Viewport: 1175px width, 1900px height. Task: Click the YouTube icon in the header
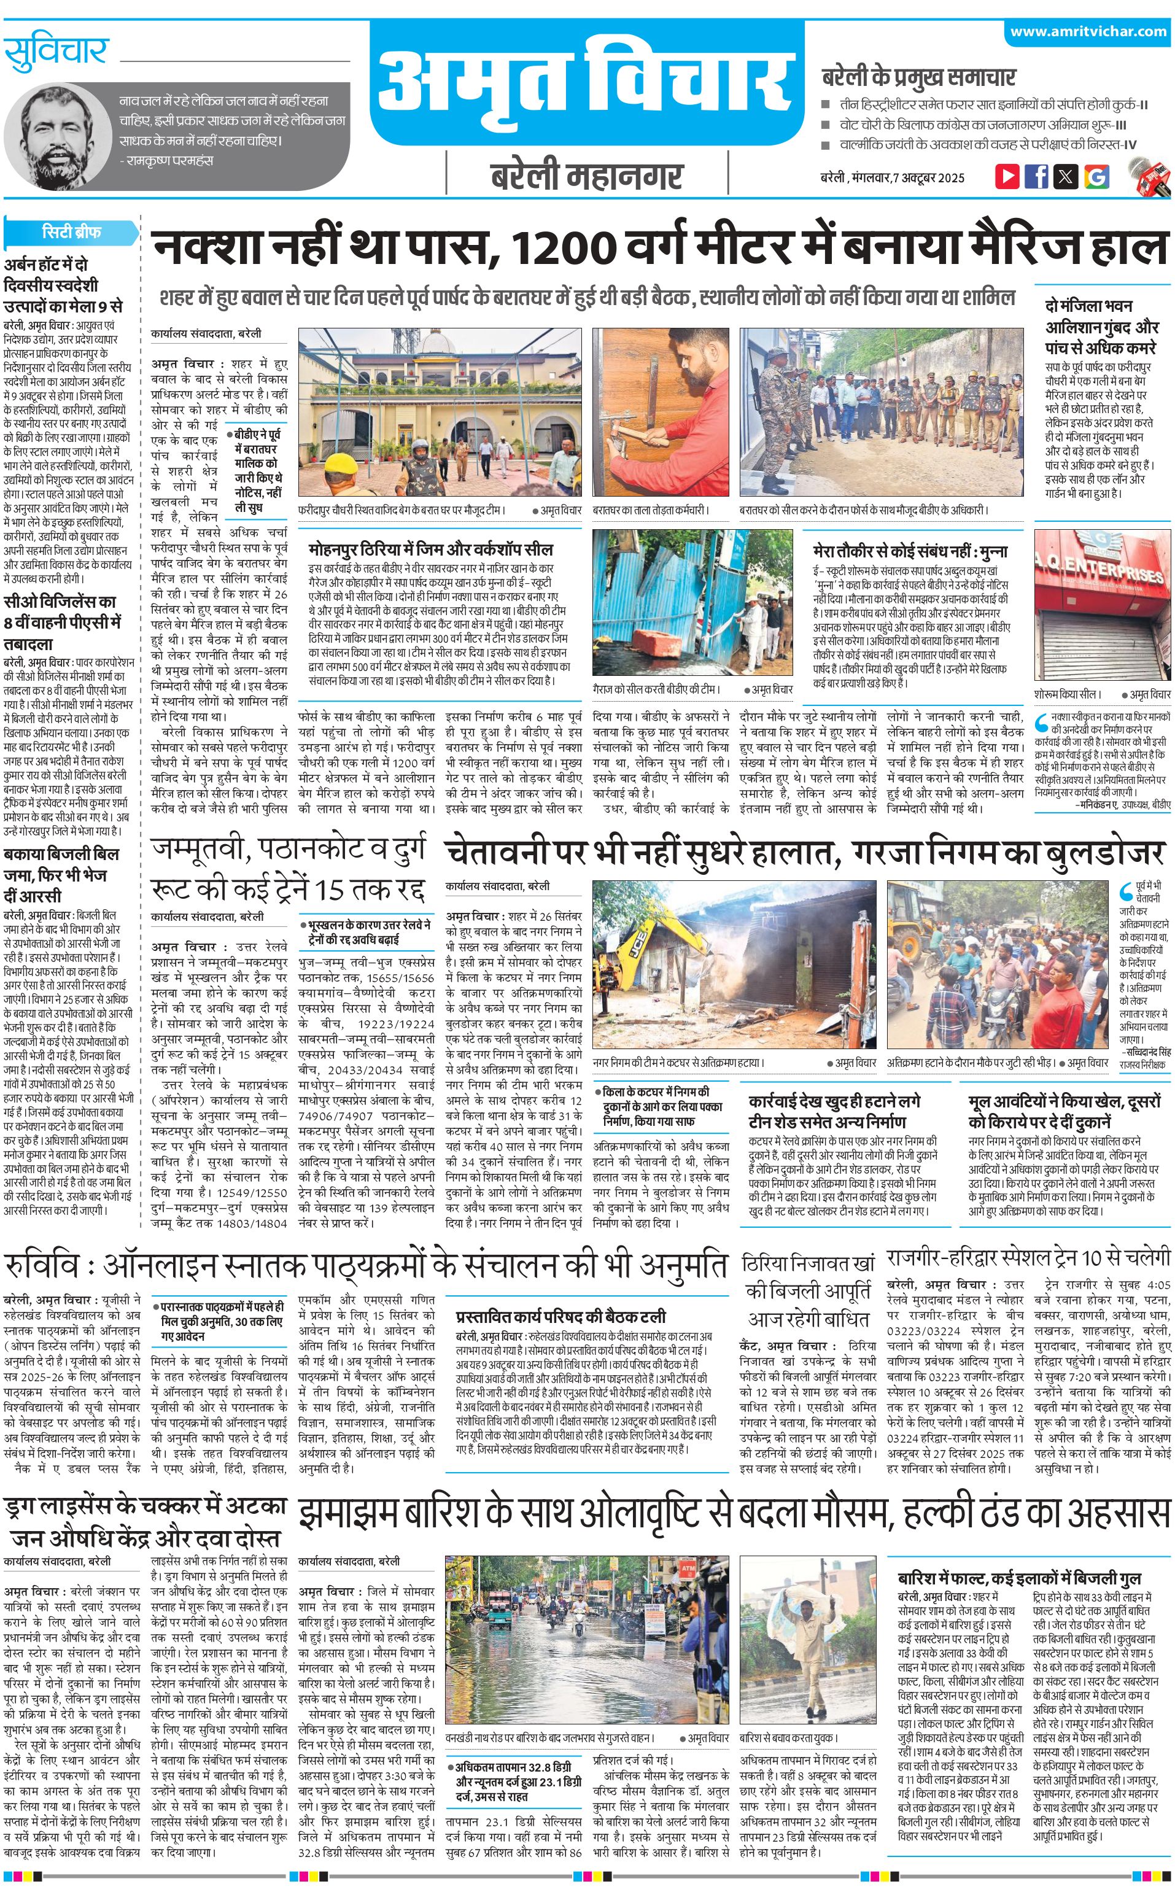1007,176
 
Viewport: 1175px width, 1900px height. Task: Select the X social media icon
1066,176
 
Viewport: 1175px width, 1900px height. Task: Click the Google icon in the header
1096,176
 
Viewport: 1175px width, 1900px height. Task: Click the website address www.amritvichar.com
1088,31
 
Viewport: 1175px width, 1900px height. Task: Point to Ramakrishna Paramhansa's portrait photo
59,136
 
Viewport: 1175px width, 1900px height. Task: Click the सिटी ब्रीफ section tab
71,231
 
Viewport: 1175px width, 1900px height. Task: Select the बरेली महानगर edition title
587,177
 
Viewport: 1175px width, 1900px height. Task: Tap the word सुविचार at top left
56,53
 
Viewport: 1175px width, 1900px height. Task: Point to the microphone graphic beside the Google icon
1149,176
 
